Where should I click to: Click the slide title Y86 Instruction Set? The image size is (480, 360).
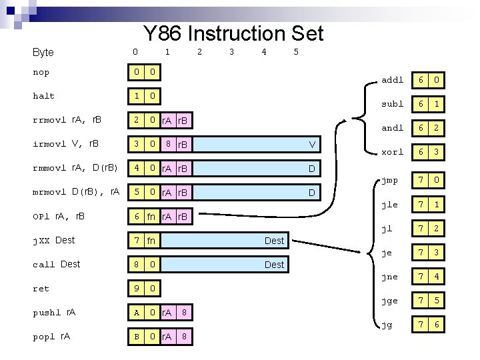click(x=233, y=33)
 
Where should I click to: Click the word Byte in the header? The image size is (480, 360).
click(x=43, y=52)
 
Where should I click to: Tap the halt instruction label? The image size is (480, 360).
click(x=43, y=96)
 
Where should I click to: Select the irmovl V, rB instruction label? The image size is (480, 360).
click(x=66, y=144)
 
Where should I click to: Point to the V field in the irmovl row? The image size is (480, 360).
click(x=311, y=145)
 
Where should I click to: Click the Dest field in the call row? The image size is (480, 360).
click(x=274, y=265)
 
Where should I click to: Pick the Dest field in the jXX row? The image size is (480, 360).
click(x=274, y=241)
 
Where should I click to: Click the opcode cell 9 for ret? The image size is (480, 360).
click(x=136, y=289)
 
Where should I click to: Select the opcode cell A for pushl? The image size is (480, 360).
click(x=136, y=313)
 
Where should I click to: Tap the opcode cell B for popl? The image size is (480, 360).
click(x=136, y=337)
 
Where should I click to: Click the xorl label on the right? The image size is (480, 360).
click(x=392, y=152)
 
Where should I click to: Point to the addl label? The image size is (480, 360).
click(x=392, y=80)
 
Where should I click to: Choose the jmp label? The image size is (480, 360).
click(x=389, y=180)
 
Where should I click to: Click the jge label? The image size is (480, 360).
click(x=389, y=301)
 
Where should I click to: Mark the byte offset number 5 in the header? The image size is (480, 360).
click(x=296, y=51)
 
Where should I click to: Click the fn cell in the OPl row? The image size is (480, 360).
click(x=151, y=217)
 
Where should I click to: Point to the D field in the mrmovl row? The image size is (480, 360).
click(x=311, y=193)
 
